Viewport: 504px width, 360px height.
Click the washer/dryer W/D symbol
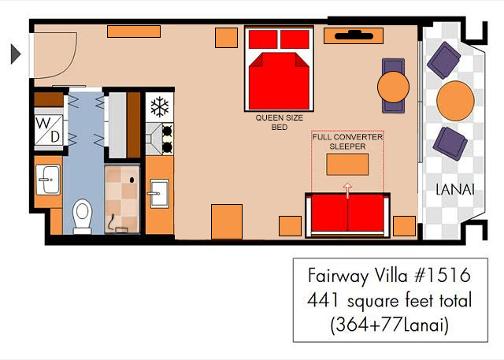(x=49, y=130)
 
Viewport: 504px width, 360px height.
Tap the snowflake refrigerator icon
(x=160, y=106)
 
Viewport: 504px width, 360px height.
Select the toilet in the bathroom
(x=82, y=216)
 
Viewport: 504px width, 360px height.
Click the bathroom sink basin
(x=48, y=180)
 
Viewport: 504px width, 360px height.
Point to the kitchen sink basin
(x=159, y=193)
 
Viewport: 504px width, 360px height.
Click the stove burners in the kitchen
(x=167, y=139)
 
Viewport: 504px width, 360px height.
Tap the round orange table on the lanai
(x=455, y=101)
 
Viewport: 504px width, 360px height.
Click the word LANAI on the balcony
(x=455, y=190)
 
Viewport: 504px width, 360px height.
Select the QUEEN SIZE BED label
(x=280, y=122)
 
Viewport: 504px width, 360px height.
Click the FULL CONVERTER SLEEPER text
(x=347, y=142)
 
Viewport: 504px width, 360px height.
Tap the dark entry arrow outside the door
(x=16, y=54)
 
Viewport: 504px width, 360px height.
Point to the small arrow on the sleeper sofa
(x=347, y=191)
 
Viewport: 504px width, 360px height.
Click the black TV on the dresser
(x=354, y=35)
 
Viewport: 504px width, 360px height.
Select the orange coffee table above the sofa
(x=347, y=165)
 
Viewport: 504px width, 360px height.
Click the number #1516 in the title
(x=443, y=276)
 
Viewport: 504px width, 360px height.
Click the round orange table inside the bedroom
(x=393, y=87)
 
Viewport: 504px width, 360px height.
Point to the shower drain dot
(x=132, y=180)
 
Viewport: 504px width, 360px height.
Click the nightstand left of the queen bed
(x=226, y=38)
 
